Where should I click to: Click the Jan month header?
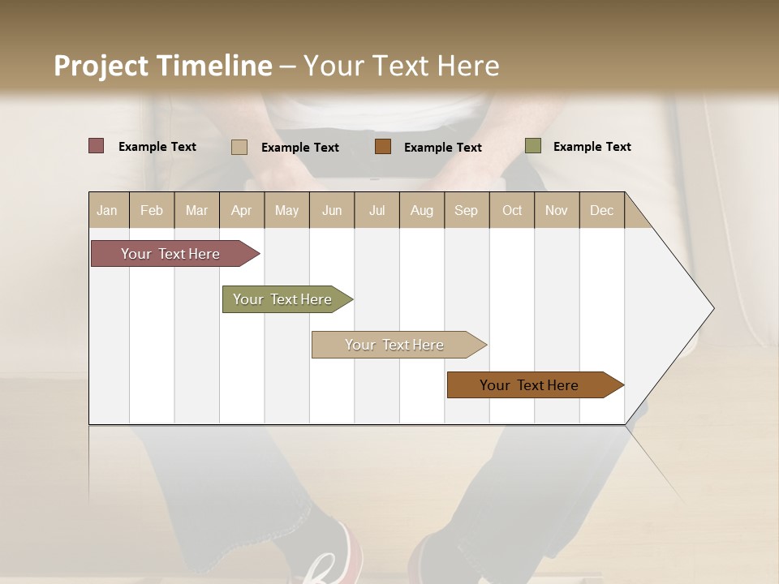point(108,210)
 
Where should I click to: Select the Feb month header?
point(152,210)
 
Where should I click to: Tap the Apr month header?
point(241,210)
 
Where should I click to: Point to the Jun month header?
point(332,210)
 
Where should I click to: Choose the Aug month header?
point(421,210)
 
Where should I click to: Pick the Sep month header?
point(466,210)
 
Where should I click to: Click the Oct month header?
point(512,210)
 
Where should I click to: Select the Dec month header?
point(601,210)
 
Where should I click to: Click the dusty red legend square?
point(96,146)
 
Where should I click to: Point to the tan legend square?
point(239,147)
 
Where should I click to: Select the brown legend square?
point(383,147)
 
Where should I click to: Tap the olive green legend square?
point(532,146)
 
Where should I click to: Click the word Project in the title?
point(101,66)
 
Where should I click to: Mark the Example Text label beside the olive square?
point(592,147)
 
